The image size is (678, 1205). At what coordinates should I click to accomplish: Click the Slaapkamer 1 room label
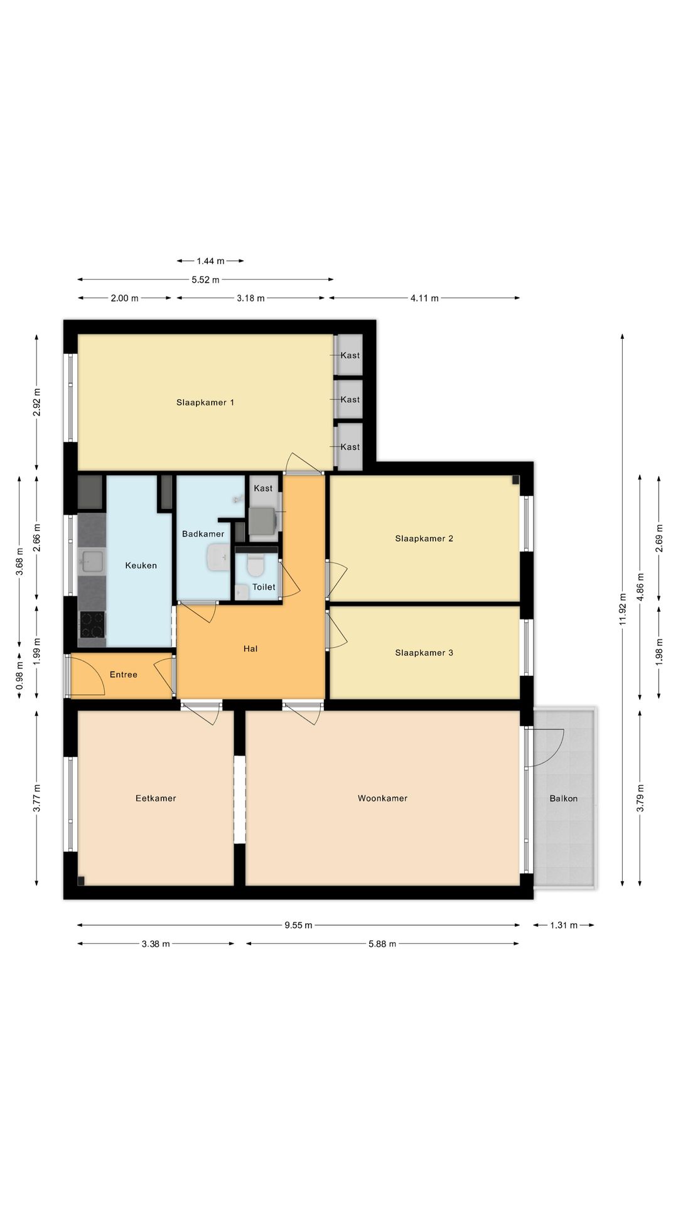pos(205,402)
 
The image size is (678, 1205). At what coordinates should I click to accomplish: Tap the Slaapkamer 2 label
pos(424,538)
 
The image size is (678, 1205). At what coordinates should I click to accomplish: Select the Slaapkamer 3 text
pos(424,653)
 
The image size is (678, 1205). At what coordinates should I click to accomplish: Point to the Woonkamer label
pos(383,798)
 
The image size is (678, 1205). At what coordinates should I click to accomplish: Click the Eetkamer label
pos(156,798)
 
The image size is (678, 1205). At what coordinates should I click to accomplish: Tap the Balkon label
pos(564,798)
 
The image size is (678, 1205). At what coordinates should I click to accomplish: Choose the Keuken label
pos(141,565)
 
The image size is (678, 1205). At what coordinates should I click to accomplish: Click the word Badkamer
pos(203,534)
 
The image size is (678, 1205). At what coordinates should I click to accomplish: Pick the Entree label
pos(124,675)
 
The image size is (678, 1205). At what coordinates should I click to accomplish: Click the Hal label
pos(250,648)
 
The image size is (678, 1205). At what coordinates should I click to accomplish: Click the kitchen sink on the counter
pos(92,561)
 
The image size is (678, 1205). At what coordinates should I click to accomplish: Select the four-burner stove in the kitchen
pos(92,624)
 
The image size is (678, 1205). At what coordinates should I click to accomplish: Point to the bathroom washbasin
pos(219,557)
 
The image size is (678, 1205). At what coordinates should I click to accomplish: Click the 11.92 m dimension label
pos(623,609)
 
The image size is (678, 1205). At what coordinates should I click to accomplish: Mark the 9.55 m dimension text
pos(298,925)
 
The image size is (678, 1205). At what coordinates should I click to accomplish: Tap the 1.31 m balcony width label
pos(564,925)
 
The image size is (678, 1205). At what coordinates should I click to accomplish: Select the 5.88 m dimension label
pos(382,944)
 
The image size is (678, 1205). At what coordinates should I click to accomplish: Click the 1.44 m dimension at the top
pos(210,261)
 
